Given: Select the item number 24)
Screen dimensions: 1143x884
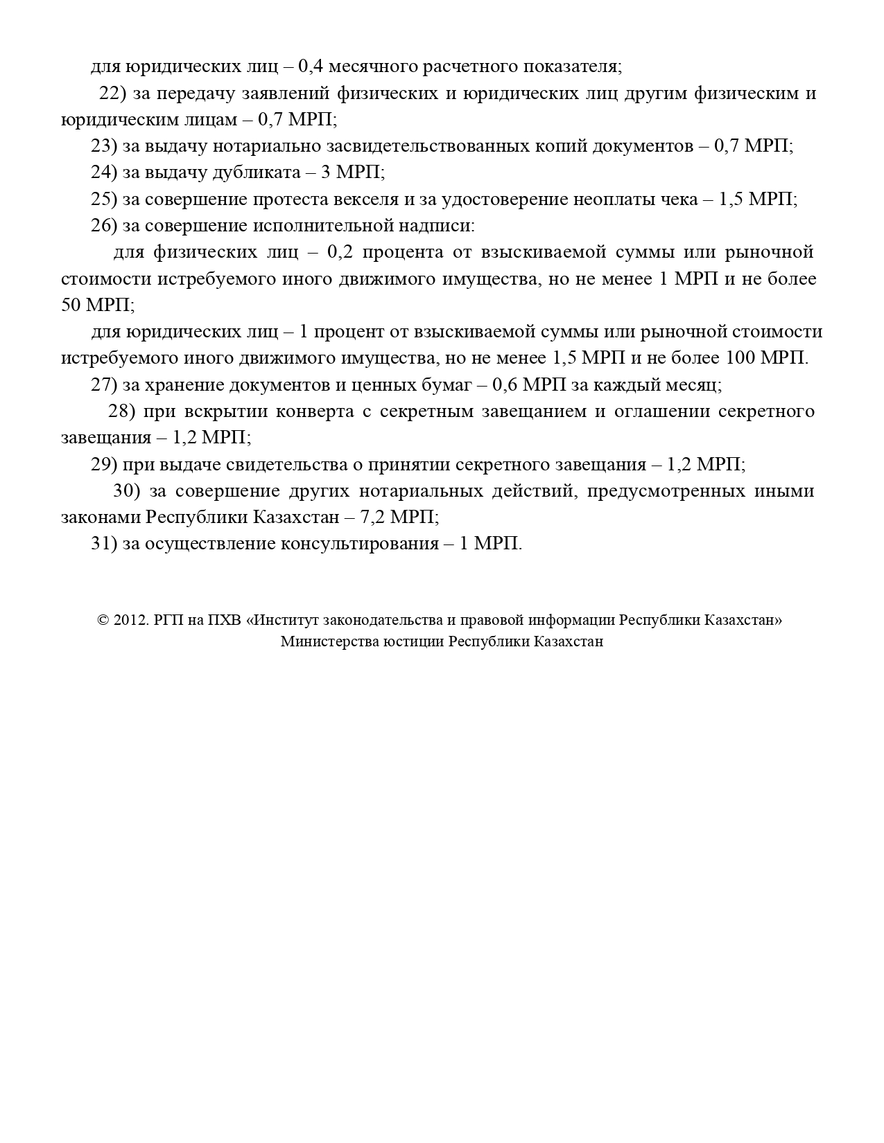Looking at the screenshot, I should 104,172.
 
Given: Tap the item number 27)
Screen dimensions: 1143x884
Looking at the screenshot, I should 104,385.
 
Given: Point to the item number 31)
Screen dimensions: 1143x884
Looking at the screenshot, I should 104,544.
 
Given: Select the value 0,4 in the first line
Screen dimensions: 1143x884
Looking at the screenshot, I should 311,67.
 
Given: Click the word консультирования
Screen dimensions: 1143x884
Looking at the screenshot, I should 359,544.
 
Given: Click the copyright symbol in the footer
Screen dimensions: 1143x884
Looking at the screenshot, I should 103,621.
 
